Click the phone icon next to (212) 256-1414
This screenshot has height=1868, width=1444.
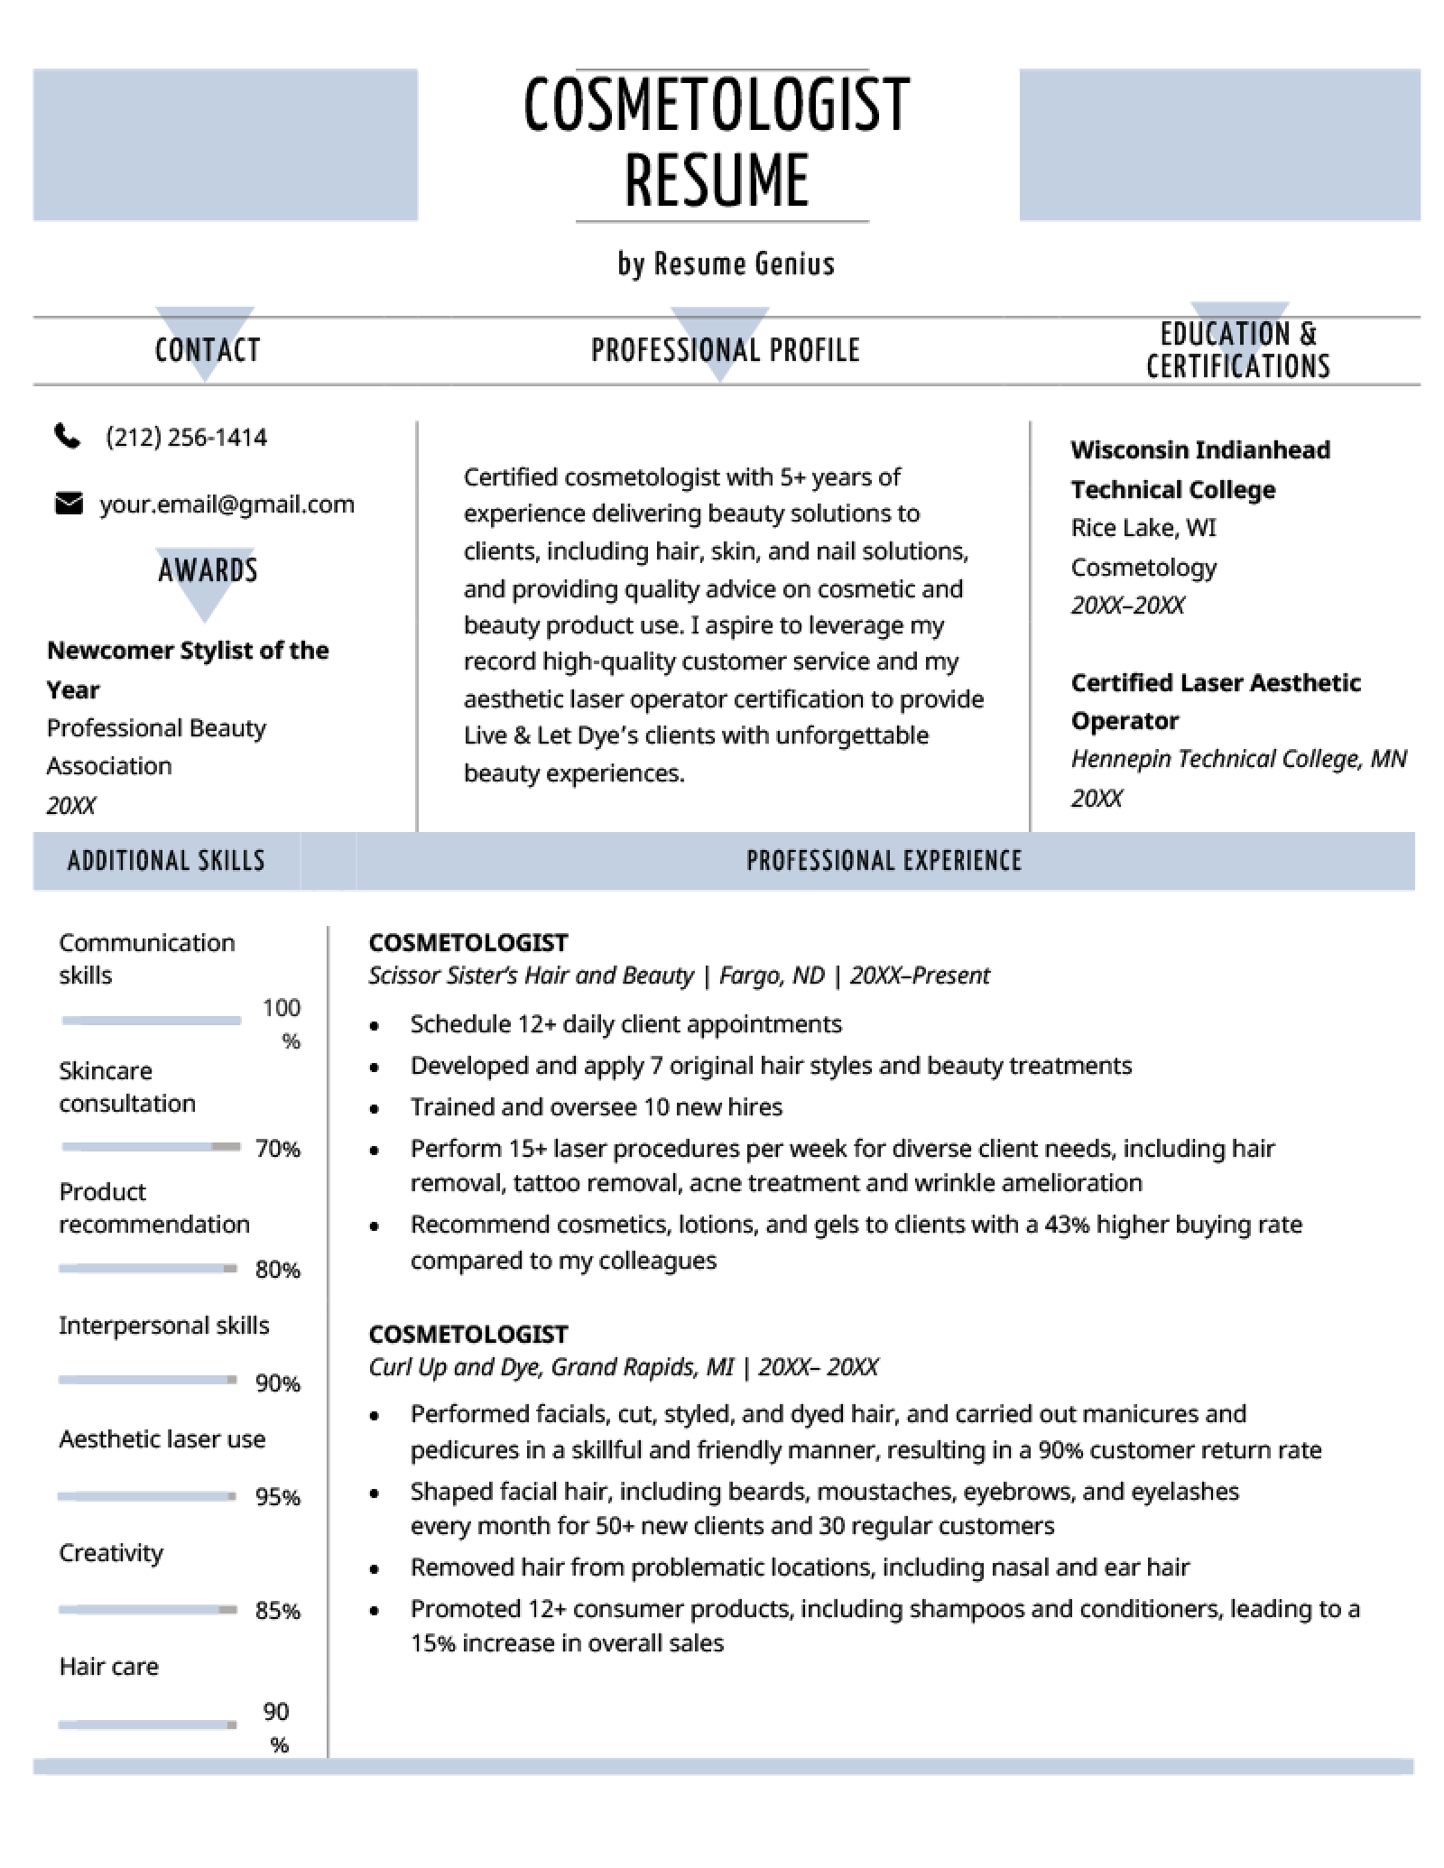pos(68,438)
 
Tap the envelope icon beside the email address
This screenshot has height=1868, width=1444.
pos(69,504)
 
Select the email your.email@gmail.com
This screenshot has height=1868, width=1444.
pos(227,504)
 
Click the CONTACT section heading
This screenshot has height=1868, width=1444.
pos(208,350)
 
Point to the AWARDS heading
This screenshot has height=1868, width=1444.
pos(208,570)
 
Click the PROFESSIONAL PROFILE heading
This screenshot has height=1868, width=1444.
pos(725,350)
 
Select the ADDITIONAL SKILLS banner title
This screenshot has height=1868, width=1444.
pos(167,861)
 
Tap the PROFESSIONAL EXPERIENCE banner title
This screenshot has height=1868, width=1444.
pos(884,861)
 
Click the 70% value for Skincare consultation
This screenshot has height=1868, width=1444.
pos(277,1149)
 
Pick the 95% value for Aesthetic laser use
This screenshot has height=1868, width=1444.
pos(277,1497)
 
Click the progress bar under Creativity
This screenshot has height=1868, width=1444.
pos(148,1609)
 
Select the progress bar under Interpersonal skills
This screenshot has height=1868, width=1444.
pos(148,1380)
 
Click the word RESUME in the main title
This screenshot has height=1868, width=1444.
pos(717,180)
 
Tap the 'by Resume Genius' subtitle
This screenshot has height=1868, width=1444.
pos(726,264)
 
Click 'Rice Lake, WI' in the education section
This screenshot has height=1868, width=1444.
pos(1143,528)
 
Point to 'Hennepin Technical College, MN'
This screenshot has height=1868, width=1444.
pos(1237,759)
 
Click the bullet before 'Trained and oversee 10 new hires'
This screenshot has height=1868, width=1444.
pos(375,1109)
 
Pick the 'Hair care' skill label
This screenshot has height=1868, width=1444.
pos(108,1666)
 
